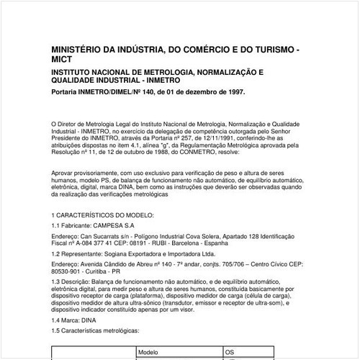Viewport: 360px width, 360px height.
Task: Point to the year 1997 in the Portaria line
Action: coord(233,92)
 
